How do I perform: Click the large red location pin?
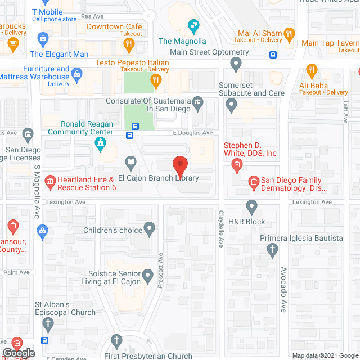pyautogui.click(x=180, y=166)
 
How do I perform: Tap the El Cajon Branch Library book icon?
pyautogui.click(x=130, y=164)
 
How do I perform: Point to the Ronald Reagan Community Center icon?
pyautogui.click(x=100, y=145)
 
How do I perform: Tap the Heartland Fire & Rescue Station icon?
pyautogui.click(x=50, y=181)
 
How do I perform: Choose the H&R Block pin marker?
pyautogui.click(x=251, y=206)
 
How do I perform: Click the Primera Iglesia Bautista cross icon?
pyautogui.click(x=273, y=250)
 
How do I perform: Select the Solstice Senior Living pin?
pyautogui.click(x=147, y=276)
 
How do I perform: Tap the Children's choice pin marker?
pyautogui.click(x=149, y=229)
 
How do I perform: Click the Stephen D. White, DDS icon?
pyautogui.click(x=237, y=164)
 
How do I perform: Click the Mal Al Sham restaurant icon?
pyautogui.click(x=290, y=35)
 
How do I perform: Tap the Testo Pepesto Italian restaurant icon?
pyautogui.click(x=156, y=82)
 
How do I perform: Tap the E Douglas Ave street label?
pyautogui.click(x=192, y=133)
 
